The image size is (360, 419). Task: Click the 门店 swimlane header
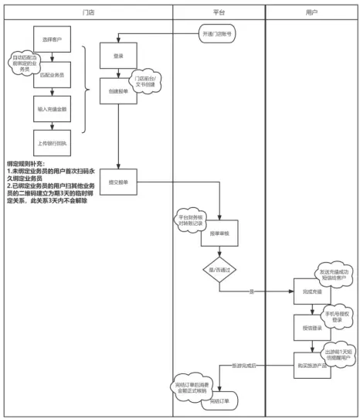point(89,15)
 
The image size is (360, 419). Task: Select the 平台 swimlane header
point(218,15)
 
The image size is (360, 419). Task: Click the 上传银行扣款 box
point(52,141)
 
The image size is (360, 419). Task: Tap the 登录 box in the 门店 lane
point(118,56)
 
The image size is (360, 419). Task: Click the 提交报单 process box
point(118,182)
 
